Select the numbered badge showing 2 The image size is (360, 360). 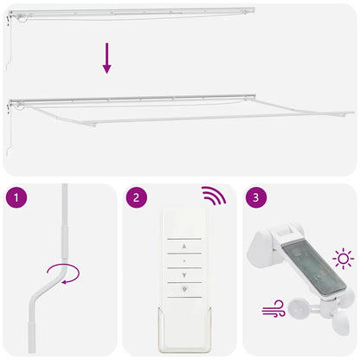136,198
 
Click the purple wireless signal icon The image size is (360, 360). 213,196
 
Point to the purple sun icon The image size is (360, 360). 344,257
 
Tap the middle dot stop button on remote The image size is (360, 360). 183,258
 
